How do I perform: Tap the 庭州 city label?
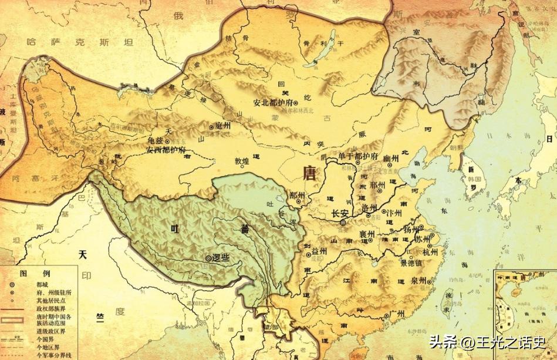point(222,126)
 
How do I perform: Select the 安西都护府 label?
point(166,150)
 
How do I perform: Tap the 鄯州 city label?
point(298,194)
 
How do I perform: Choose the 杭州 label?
point(430,251)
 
